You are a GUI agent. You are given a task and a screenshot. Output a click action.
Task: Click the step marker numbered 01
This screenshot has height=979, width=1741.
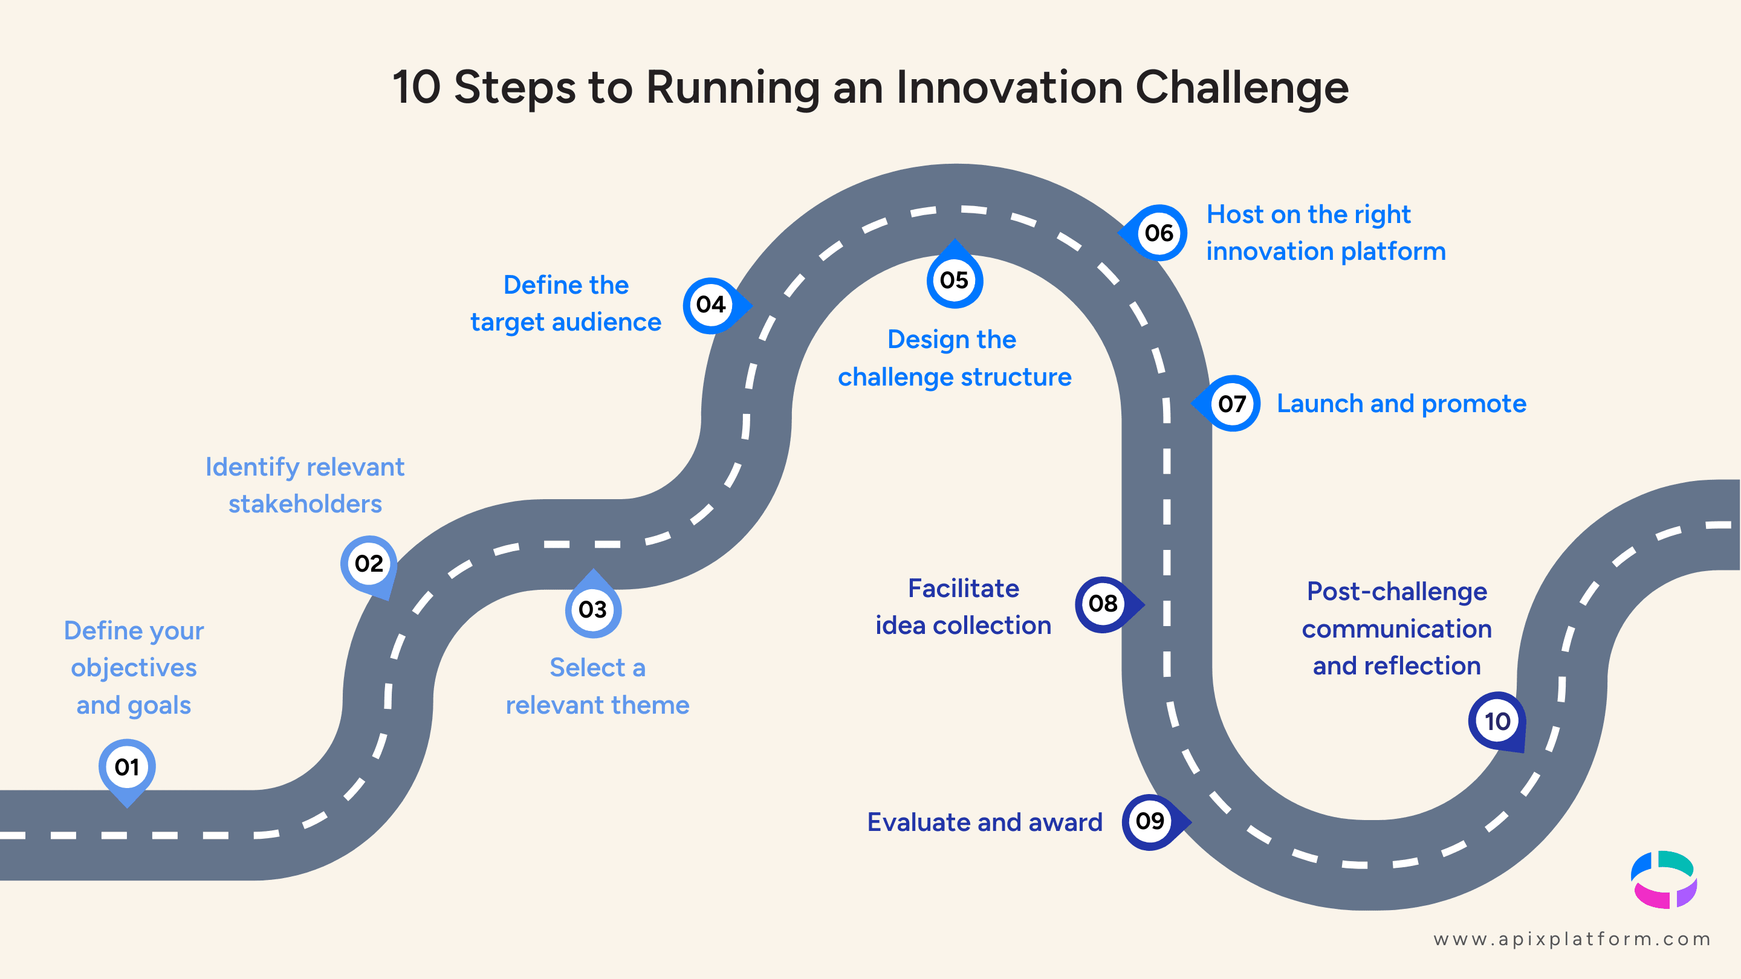click(x=127, y=767)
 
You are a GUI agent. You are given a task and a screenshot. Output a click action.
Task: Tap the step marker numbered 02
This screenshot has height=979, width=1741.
click(x=368, y=563)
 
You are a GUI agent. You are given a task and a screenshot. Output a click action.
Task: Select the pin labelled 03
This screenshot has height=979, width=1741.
click(x=592, y=609)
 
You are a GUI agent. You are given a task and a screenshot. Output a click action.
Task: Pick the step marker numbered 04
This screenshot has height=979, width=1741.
click(x=711, y=305)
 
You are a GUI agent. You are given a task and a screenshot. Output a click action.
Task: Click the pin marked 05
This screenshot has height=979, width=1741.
click(x=954, y=280)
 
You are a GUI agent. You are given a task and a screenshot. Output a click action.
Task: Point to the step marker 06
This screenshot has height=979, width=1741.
click(x=1158, y=233)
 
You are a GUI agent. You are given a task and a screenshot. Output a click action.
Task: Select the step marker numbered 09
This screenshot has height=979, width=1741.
click(x=1150, y=822)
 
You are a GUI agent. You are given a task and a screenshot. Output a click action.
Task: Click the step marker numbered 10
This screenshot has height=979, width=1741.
click(x=1497, y=721)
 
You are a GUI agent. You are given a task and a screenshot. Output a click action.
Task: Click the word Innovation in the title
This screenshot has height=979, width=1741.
click(x=1008, y=88)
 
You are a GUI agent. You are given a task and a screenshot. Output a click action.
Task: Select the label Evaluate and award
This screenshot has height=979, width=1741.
click(x=984, y=822)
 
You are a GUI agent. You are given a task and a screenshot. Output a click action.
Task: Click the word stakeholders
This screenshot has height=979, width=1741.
click(x=305, y=504)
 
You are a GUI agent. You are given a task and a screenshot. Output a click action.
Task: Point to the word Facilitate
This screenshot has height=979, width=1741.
click(x=963, y=589)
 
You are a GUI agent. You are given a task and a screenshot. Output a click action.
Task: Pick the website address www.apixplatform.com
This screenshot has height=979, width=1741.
click(x=1572, y=939)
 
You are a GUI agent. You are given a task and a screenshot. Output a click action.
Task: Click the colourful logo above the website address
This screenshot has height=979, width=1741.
click(x=1663, y=880)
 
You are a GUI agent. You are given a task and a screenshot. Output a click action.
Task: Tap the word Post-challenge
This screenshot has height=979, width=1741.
click(x=1396, y=592)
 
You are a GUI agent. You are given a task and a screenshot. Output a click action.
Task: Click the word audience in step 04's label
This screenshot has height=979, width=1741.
click(x=606, y=322)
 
